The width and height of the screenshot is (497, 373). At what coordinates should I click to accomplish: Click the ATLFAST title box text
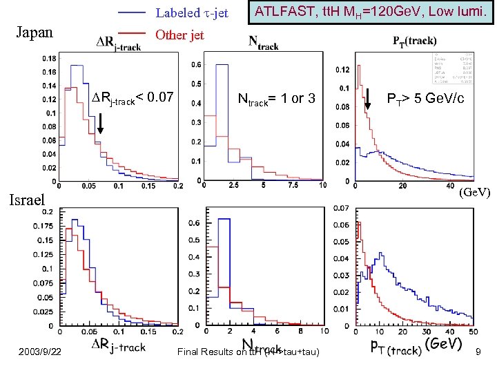pos(371,12)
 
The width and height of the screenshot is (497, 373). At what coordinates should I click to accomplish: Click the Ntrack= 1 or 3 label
pos(276,99)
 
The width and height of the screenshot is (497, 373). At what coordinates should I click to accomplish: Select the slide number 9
pos(478,353)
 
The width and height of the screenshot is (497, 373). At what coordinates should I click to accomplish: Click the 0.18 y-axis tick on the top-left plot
pos(48,59)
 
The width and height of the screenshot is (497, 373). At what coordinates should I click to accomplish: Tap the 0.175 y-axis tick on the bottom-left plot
pos(44,226)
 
